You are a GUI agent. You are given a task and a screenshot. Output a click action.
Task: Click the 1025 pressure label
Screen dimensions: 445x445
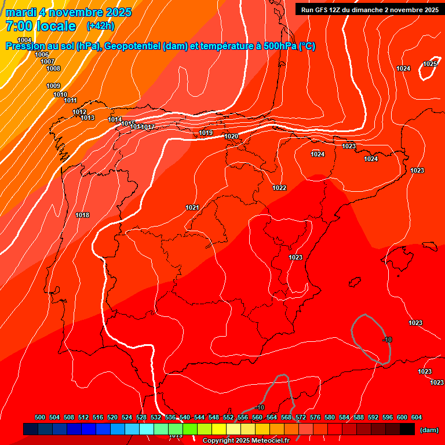(x=429, y=64)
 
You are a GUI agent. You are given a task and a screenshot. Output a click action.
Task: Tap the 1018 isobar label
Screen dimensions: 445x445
(x=82, y=215)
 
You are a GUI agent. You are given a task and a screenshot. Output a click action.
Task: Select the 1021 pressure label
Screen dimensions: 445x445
(x=192, y=207)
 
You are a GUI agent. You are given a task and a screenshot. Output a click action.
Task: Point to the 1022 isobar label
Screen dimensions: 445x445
(x=279, y=188)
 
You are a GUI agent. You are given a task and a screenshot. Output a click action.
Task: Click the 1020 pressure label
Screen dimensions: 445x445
(x=231, y=136)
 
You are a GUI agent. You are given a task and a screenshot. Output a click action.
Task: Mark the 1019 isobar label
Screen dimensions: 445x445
(x=206, y=133)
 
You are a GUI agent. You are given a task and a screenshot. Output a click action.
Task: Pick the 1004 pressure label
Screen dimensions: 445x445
(x=24, y=40)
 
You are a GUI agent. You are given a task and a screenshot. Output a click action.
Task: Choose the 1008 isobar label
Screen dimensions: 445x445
(x=53, y=68)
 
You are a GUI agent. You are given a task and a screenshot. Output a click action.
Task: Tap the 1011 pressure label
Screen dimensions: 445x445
(x=71, y=100)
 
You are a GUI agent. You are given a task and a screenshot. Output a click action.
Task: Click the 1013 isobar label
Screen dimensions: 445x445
(x=87, y=118)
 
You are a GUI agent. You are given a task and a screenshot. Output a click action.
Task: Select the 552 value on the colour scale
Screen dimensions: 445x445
(x=228, y=417)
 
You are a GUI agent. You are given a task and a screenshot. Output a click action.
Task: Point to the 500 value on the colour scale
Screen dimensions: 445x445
(x=40, y=417)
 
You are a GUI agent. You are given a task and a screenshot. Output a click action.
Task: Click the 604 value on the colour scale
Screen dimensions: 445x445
(x=417, y=417)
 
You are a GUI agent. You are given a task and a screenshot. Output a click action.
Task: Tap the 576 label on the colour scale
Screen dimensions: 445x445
(x=315, y=417)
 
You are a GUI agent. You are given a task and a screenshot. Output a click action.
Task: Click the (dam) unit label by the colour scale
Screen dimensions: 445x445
(x=429, y=430)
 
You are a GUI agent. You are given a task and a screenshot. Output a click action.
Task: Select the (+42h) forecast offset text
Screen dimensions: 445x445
(x=100, y=26)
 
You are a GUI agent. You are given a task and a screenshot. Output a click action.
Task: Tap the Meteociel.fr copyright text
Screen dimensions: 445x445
(x=243, y=440)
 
